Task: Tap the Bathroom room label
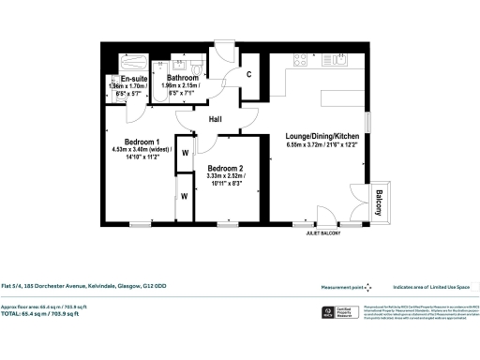182,79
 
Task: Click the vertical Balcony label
380,202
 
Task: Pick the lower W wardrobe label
185,196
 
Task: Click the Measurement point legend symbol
368,288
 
